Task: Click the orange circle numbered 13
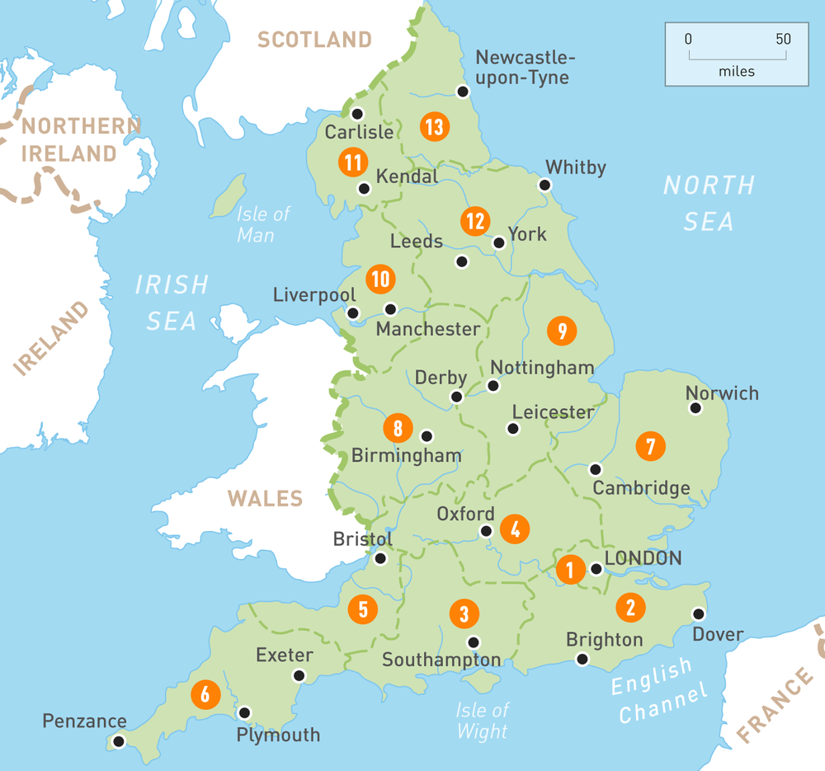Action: (x=433, y=127)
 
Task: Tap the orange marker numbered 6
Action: (x=205, y=694)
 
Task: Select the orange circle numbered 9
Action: (x=562, y=331)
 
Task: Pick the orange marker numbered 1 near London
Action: (x=569, y=570)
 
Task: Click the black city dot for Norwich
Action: (x=695, y=408)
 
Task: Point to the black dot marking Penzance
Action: (x=119, y=741)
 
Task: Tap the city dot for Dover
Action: (x=699, y=614)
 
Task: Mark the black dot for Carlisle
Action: (x=357, y=114)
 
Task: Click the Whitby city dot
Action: (x=544, y=185)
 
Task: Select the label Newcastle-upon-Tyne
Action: (x=523, y=68)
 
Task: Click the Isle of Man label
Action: (x=263, y=224)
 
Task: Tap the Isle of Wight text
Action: (x=483, y=720)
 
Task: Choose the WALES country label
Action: (x=266, y=499)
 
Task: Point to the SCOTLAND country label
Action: (x=314, y=40)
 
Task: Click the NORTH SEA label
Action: (x=709, y=203)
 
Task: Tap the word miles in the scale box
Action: (x=736, y=72)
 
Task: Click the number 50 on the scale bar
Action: (x=783, y=39)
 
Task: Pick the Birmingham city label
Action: (x=406, y=455)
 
